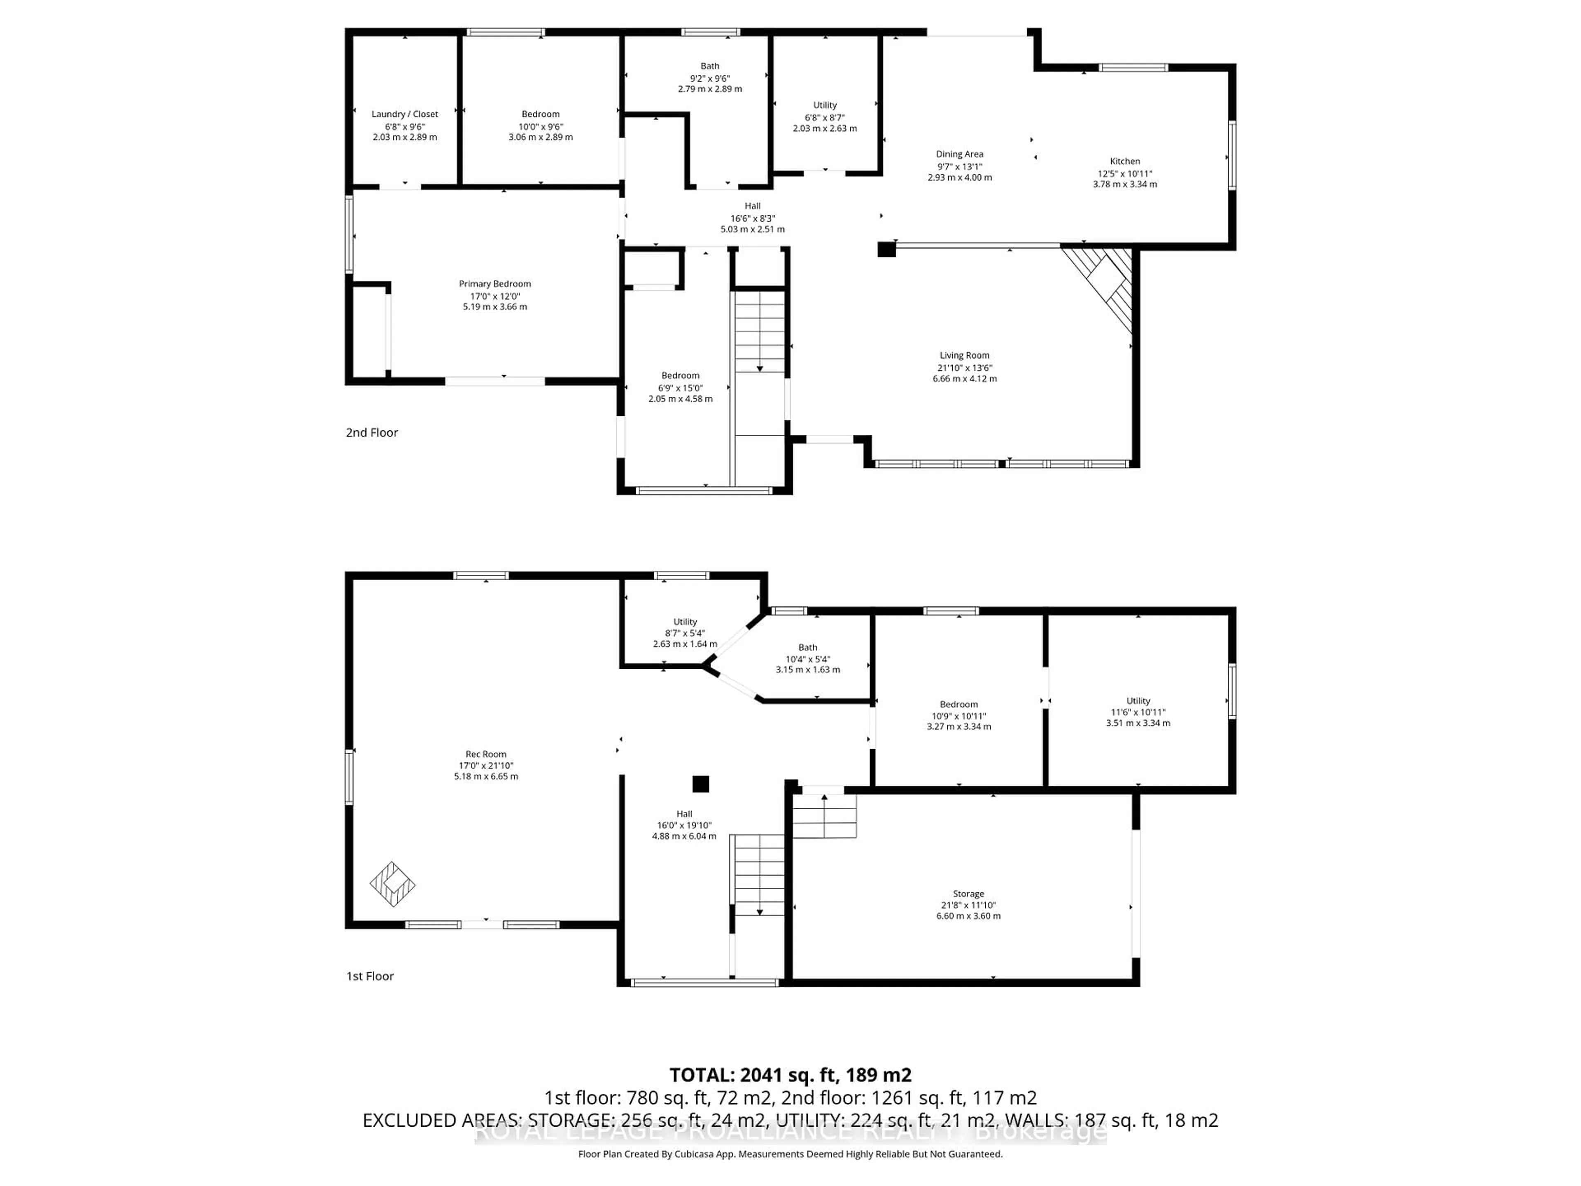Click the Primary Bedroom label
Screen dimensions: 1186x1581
coord(494,284)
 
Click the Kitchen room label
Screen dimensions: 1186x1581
coord(1124,161)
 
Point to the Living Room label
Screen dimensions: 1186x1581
coord(964,355)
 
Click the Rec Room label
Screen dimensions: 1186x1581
coord(485,754)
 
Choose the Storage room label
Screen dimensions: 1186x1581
coord(968,894)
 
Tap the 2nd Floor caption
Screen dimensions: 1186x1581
coord(372,432)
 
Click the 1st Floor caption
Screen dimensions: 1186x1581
coord(370,976)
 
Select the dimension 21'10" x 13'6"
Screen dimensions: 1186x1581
coord(964,367)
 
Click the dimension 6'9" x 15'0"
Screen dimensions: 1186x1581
coord(680,388)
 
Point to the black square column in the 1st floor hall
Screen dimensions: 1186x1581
coord(700,784)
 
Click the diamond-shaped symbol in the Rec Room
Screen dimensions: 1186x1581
coord(392,884)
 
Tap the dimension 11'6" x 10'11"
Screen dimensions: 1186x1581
coord(1138,712)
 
